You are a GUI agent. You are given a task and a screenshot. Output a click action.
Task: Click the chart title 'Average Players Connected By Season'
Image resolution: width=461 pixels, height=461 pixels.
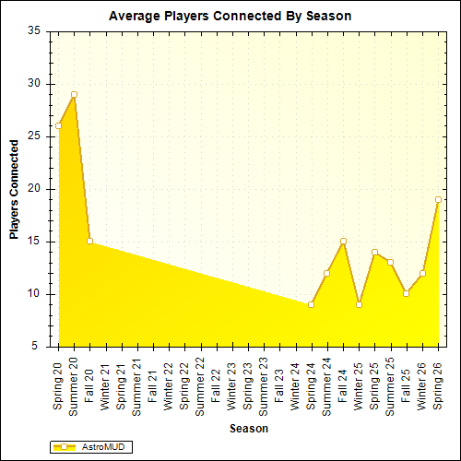[x=230, y=16]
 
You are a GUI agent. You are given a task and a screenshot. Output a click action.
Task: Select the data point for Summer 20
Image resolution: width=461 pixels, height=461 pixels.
[x=74, y=94]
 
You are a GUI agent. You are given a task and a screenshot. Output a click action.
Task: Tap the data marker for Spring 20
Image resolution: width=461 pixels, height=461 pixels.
[x=58, y=125]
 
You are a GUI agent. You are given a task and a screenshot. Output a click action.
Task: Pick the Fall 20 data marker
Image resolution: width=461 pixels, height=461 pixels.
[x=89, y=241]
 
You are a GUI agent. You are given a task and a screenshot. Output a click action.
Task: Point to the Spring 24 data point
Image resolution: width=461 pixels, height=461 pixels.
[x=311, y=304]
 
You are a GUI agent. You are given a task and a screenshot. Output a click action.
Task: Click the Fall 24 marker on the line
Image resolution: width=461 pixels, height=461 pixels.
[x=343, y=241]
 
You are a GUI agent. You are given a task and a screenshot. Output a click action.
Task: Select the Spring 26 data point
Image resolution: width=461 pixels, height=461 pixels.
[x=438, y=199]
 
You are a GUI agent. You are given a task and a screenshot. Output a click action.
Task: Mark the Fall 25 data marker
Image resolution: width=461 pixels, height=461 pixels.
[x=406, y=293]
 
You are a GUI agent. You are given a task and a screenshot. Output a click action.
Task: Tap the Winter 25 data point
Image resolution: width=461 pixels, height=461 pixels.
[x=359, y=304]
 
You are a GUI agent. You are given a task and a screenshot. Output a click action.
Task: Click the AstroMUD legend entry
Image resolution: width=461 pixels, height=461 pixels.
[x=92, y=446]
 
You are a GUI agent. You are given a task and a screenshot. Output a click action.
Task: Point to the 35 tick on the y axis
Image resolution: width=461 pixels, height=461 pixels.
[x=34, y=30]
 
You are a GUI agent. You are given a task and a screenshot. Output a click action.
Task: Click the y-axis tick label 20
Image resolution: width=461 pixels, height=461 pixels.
[x=34, y=189]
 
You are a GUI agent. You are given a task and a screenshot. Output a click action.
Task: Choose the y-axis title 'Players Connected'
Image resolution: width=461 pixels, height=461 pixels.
[x=15, y=189]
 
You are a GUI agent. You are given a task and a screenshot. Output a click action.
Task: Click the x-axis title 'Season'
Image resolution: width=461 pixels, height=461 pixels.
[x=249, y=429]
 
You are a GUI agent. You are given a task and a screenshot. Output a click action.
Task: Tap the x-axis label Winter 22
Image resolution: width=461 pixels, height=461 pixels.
[x=169, y=385]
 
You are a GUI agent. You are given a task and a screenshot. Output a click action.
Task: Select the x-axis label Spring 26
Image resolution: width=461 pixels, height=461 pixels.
[x=438, y=384]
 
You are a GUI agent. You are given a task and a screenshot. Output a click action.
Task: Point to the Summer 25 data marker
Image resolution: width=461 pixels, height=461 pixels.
[x=390, y=262]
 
